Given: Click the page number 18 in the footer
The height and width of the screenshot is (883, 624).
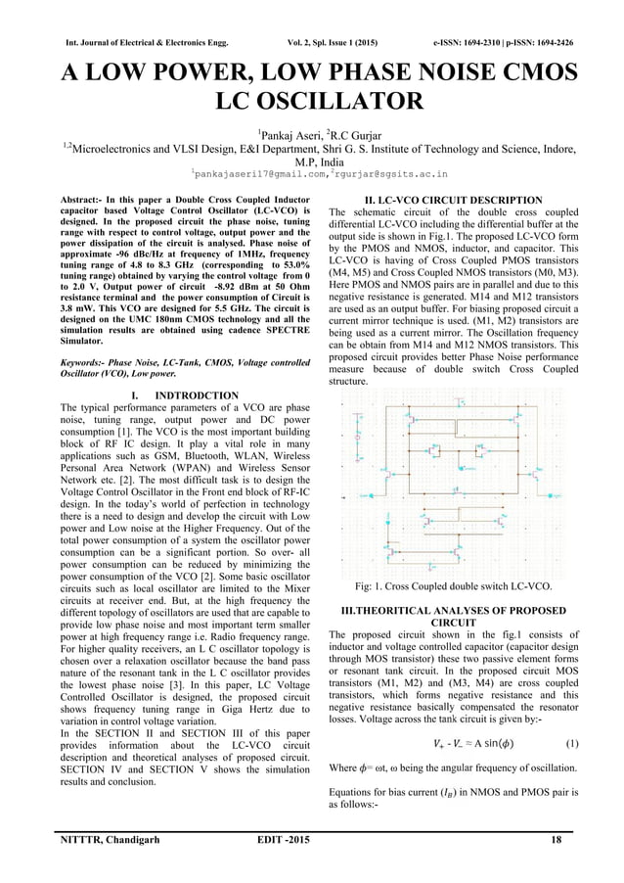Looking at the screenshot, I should pos(556,841).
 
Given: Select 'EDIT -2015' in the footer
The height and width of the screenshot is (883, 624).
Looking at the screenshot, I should pos(314,841).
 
